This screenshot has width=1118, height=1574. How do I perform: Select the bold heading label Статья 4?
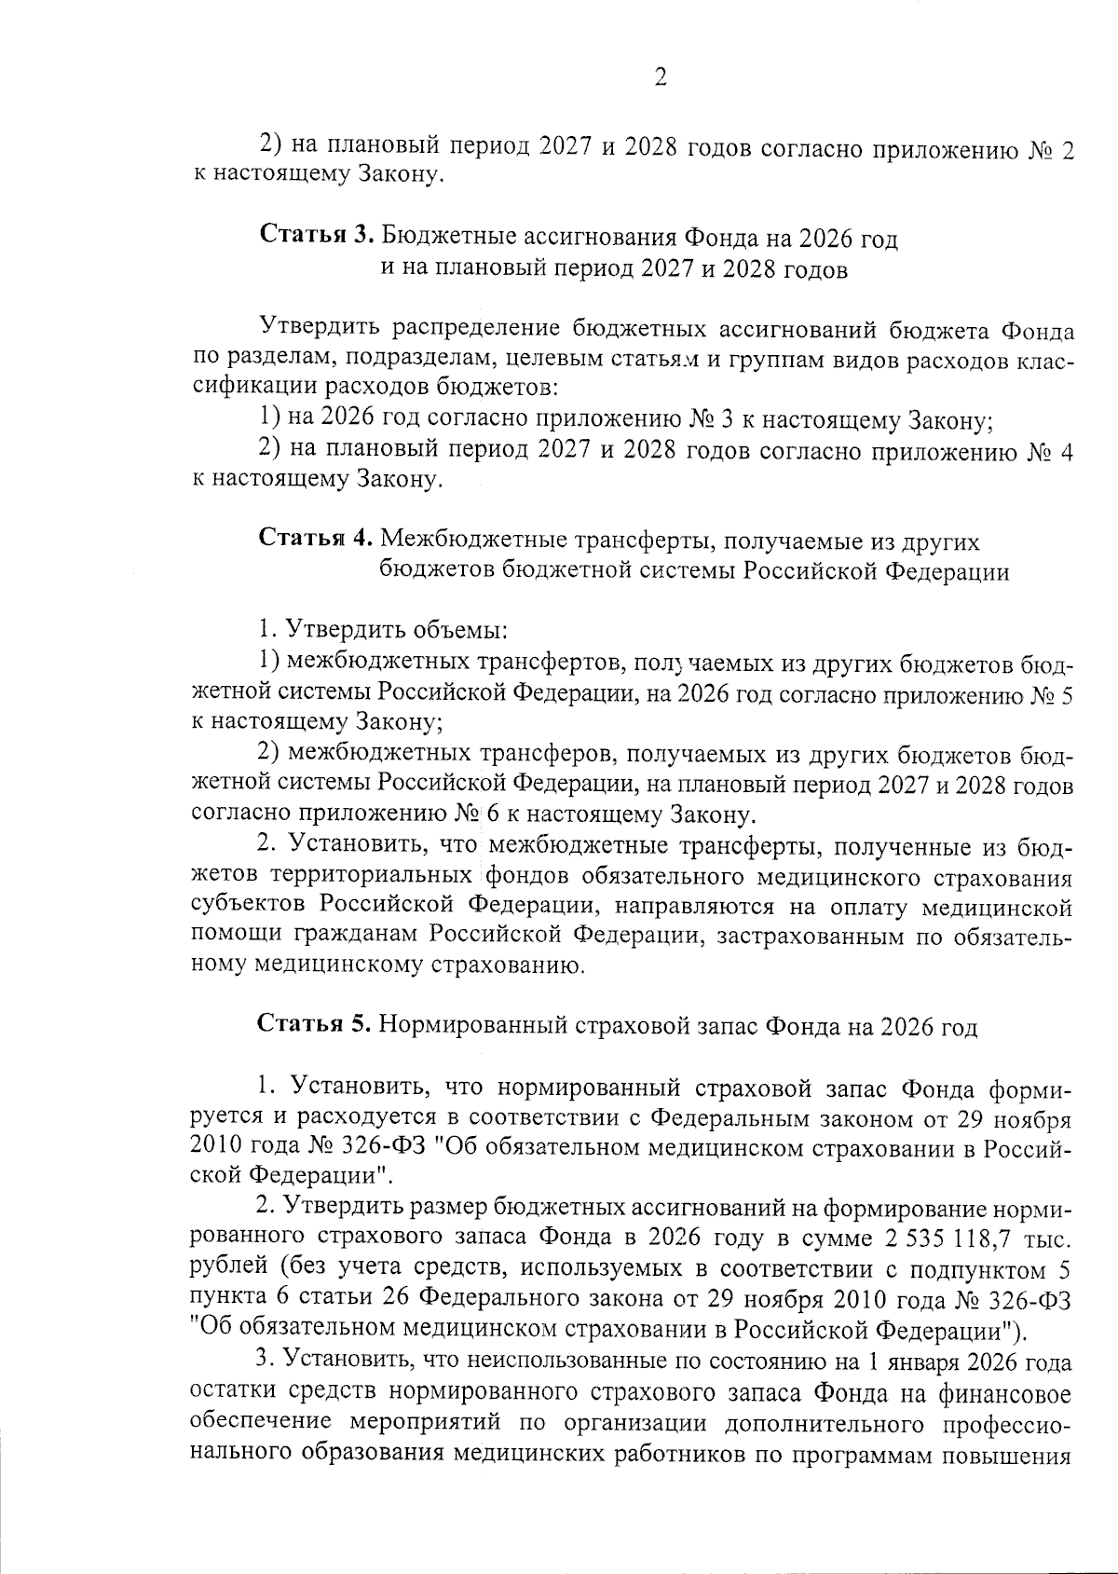[x=317, y=540]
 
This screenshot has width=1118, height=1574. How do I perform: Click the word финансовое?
[x=1002, y=1394]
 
